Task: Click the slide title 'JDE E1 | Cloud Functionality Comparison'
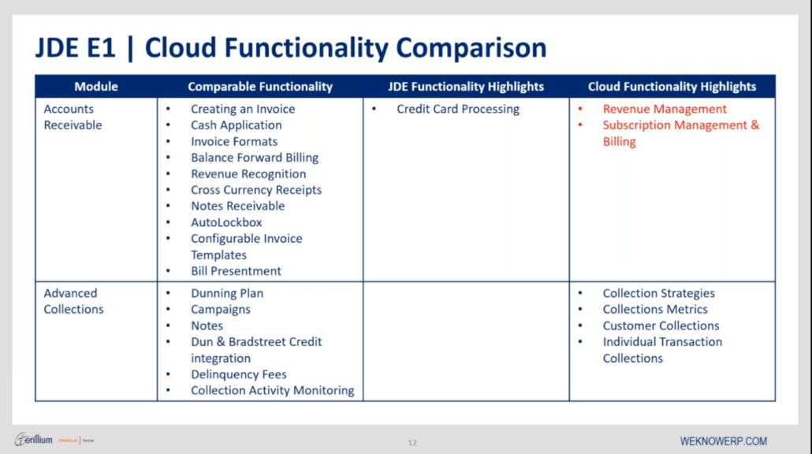pos(290,48)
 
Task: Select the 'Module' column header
pos(96,87)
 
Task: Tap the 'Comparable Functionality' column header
pos(260,87)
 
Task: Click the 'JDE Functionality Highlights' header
pos(466,87)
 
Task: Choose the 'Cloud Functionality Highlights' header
pos(672,87)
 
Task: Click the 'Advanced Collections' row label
pos(73,301)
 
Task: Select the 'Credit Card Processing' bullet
pos(457,110)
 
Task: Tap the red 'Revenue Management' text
pos(665,110)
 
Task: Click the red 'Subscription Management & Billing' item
pos(680,133)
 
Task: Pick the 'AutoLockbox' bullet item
pos(226,222)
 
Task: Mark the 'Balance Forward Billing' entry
pos(254,158)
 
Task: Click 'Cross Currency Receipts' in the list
pos(255,190)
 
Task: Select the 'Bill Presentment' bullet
pos(236,271)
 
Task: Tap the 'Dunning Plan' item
pos(227,293)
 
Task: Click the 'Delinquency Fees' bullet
pos(238,374)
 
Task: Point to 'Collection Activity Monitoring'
pos(272,391)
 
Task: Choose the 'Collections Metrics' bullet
pos(655,310)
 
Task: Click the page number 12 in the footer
pos(412,442)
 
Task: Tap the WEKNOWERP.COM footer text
pos(723,441)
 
